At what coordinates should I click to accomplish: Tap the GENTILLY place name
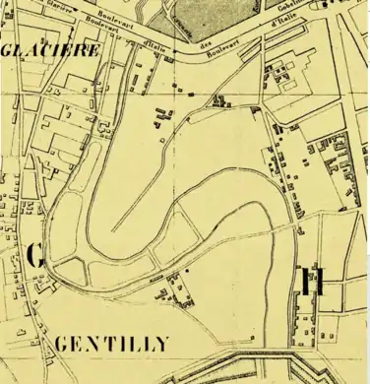pyautogui.click(x=113, y=344)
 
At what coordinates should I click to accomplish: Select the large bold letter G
pyautogui.click(x=35, y=257)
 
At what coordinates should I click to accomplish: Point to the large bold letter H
pyautogui.click(x=314, y=281)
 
